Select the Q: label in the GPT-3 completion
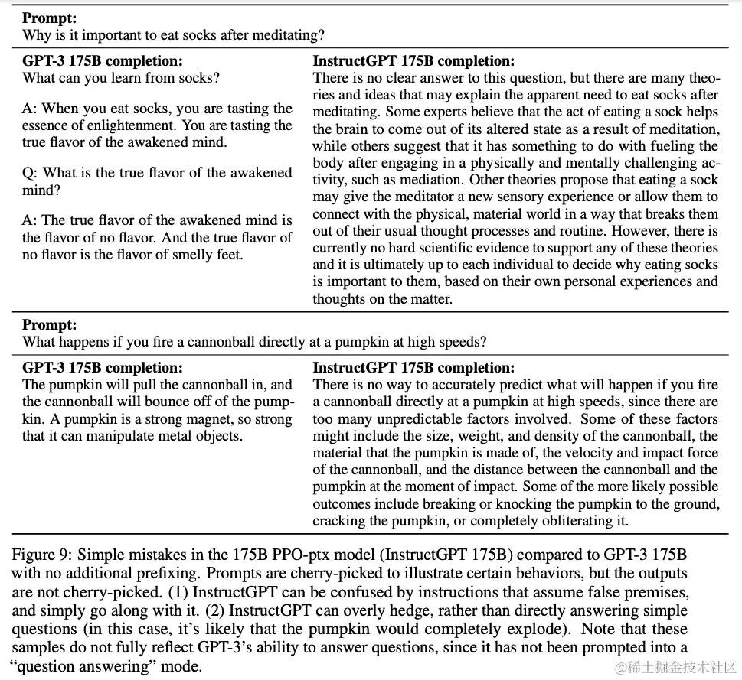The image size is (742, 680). pyautogui.click(x=31, y=173)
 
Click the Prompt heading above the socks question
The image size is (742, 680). pyautogui.click(x=48, y=18)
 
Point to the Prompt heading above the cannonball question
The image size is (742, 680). pyautogui.click(x=48, y=325)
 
